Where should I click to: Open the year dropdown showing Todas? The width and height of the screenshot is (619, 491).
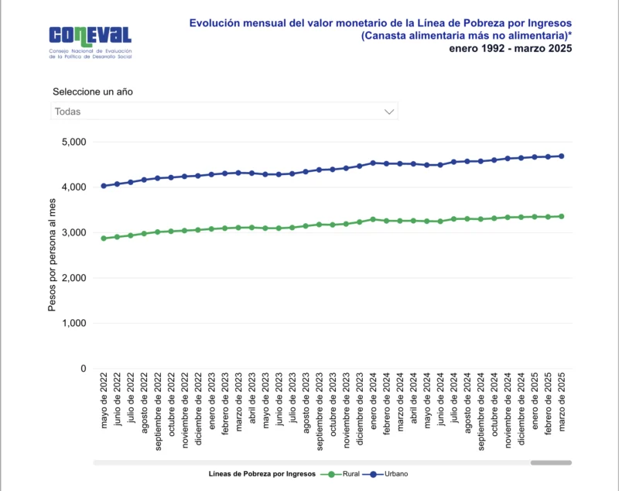[x=224, y=112]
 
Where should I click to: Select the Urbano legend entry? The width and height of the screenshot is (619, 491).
[x=389, y=473]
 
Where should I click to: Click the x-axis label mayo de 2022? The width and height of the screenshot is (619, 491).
[x=104, y=403]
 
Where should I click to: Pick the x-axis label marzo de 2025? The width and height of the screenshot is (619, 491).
[x=562, y=403]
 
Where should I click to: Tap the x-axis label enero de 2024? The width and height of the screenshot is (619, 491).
[x=373, y=403]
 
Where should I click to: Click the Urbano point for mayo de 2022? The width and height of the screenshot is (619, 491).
[x=104, y=186]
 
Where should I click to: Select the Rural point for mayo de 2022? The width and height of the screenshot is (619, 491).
[x=104, y=239]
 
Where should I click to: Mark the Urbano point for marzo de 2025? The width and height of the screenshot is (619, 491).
[x=562, y=156]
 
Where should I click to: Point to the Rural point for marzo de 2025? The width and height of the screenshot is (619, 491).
[x=562, y=216]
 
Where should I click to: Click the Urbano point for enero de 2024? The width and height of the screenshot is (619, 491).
[x=373, y=163]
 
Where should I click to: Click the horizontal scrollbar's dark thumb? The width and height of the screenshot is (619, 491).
[x=551, y=462]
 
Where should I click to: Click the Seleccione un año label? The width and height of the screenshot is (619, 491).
[x=92, y=91]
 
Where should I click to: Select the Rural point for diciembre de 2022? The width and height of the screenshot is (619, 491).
[x=198, y=230]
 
